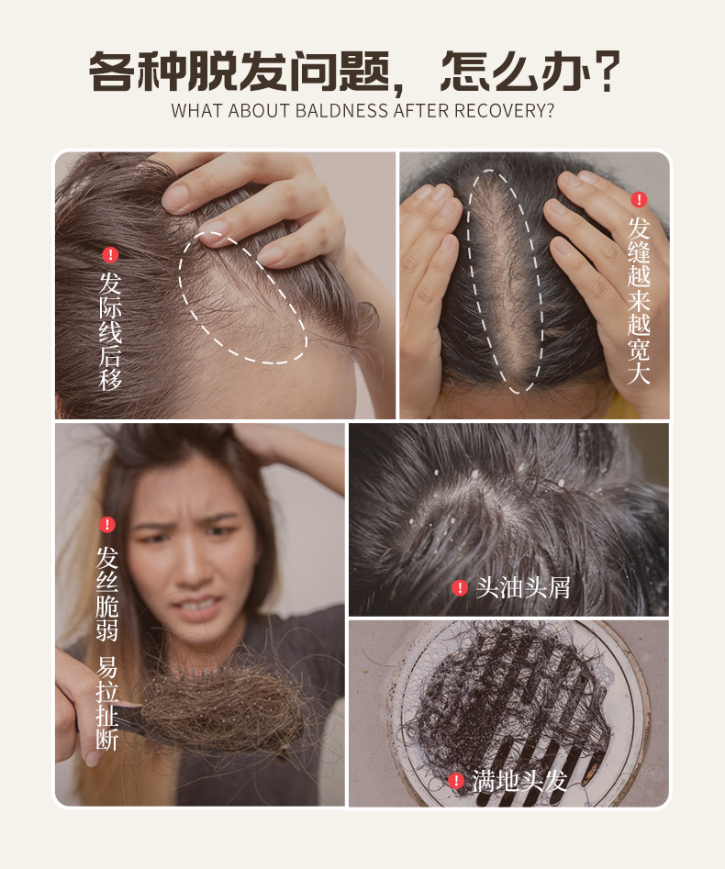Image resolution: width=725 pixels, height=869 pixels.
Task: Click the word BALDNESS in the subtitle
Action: coord(342,111)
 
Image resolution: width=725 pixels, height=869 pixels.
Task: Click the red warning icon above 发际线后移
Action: coord(110,255)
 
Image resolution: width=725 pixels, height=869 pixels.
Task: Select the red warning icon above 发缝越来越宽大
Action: coord(639,199)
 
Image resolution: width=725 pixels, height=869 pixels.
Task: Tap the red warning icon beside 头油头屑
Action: coord(460,587)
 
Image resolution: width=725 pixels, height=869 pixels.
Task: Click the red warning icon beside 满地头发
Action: coord(455,781)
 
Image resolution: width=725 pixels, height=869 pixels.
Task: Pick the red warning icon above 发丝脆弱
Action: coord(107,524)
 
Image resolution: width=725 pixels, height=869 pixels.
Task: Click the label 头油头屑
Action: coord(523,587)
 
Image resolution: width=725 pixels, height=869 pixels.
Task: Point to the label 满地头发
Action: coord(519,781)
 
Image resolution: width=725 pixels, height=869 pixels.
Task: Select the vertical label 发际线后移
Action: coord(110,330)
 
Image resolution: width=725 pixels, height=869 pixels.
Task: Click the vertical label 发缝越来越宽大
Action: coord(639,301)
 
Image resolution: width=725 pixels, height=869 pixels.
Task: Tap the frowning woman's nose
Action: coord(192,571)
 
